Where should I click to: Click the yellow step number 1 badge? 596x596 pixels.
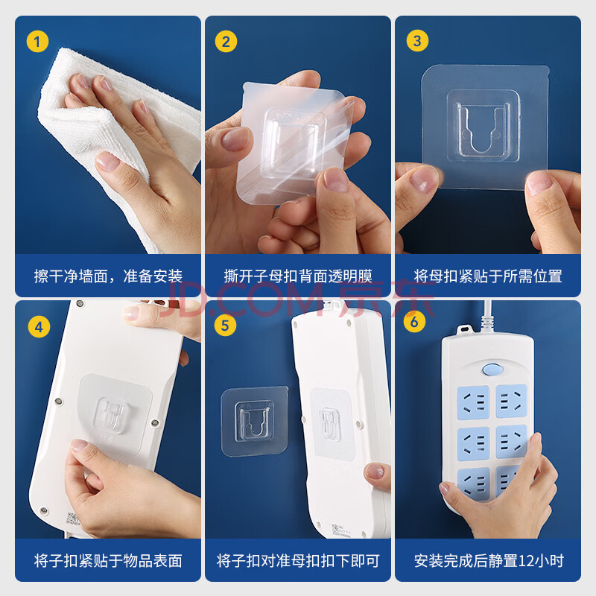37,42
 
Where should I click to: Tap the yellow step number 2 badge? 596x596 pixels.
226,42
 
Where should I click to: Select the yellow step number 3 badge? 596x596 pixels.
417,41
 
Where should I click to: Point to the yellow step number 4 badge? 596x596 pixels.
39,326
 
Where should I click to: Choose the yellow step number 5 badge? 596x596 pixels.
225,326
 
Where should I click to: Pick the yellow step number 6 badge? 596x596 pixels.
414,322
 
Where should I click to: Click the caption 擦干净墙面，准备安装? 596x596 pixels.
108,276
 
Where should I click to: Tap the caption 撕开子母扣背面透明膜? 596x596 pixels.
298,276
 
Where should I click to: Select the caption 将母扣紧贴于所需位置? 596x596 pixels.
488,276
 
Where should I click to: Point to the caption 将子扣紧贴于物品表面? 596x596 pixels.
108,561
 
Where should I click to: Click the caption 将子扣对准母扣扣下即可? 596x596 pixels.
298,561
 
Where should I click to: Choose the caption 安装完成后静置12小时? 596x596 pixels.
489,561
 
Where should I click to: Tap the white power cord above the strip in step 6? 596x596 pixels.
486,316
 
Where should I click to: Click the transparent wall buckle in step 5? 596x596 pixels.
255,421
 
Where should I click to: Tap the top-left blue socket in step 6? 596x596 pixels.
473,402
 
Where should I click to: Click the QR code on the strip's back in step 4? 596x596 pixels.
72,519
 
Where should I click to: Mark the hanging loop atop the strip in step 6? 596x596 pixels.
463,329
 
